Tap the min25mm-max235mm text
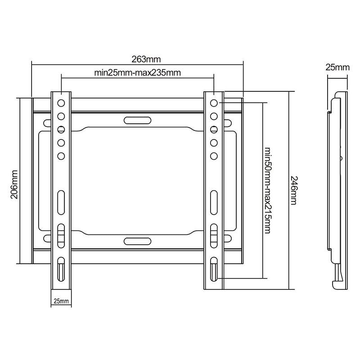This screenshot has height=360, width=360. [x=138, y=72]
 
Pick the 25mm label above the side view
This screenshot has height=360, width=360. [x=337, y=67]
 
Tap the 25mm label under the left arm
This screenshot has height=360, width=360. [x=61, y=301]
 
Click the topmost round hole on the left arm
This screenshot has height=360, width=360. [x=61, y=103]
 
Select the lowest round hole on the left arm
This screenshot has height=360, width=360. [x=61, y=156]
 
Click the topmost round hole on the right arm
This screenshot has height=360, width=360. [x=214, y=103]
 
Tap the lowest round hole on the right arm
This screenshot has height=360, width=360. [x=214, y=156]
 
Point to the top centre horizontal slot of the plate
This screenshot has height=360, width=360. [x=137, y=121]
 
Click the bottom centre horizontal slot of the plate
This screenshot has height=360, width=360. [x=137, y=241]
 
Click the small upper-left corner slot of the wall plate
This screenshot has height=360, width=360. [x=46, y=122]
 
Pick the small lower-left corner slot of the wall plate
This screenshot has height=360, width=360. [x=46, y=238]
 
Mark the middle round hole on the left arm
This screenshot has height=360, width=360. [x=61, y=130]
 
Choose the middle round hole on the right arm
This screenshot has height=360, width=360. [x=214, y=130]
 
